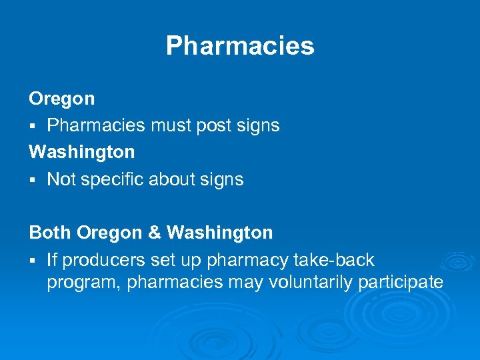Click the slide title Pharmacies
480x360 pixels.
tap(240, 46)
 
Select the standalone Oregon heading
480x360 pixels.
tap(62, 99)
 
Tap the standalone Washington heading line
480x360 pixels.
tap(82, 152)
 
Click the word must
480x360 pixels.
tap(163, 125)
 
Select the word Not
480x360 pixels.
tap(61, 179)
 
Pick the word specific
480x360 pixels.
tap(112, 180)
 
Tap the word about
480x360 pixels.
tap(175, 179)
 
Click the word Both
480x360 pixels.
tap(50, 233)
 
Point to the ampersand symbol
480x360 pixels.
tap(154, 233)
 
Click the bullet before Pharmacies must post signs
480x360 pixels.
tap(32, 126)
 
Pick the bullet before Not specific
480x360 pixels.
tap(32, 180)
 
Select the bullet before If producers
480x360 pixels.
tap(32, 260)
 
